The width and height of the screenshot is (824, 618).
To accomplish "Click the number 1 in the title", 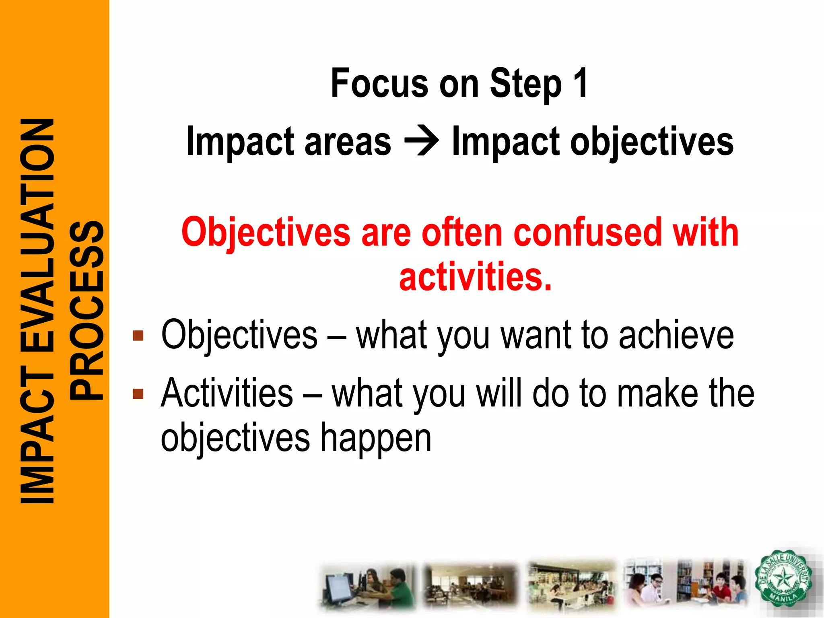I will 580,83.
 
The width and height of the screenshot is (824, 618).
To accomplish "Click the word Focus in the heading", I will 379,83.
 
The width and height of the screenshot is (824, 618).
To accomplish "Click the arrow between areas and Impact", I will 421,142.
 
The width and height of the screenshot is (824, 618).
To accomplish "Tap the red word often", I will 462,232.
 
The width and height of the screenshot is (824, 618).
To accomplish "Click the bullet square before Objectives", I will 138,336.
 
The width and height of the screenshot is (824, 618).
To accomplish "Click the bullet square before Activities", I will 138,393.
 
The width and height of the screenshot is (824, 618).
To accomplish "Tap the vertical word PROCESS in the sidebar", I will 86,310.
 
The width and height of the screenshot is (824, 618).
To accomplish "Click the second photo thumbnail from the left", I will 470,585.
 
